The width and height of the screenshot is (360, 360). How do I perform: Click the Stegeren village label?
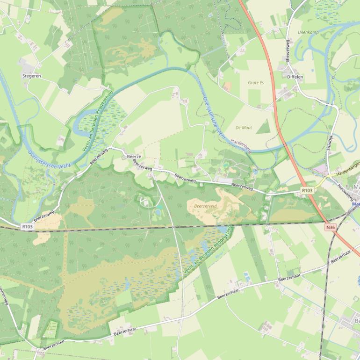pyautogui.click(x=31, y=75)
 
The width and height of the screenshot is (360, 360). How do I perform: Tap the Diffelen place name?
pyautogui.click(x=295, y=76)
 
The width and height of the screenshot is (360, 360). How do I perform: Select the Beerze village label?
pyautogui.click(x=134, y=156)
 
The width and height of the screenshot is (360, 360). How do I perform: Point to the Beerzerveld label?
pyautogui.click(x=202, y=205)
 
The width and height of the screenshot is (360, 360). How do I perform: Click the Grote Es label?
pyautogui.click(x=256, y=83)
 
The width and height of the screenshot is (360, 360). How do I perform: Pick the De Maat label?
pyautogui.click(x=244, y=127)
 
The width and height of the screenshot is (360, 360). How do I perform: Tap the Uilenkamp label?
pyautogui.click(x=308, y=32)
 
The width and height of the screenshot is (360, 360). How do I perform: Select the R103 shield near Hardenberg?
pyautogui.click(x=307, y=190)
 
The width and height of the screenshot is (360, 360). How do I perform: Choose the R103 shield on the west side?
pyautogui.click(x=28, y=226)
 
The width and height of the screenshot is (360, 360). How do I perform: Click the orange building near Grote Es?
pyautogui.click(x=228, y=86)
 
